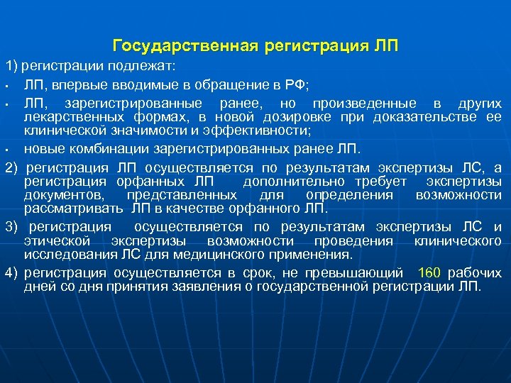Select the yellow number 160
tap(431, 273)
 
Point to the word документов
tap(60, 194)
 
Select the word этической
tap(56, 241)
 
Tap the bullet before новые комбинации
tap(6, 150)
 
